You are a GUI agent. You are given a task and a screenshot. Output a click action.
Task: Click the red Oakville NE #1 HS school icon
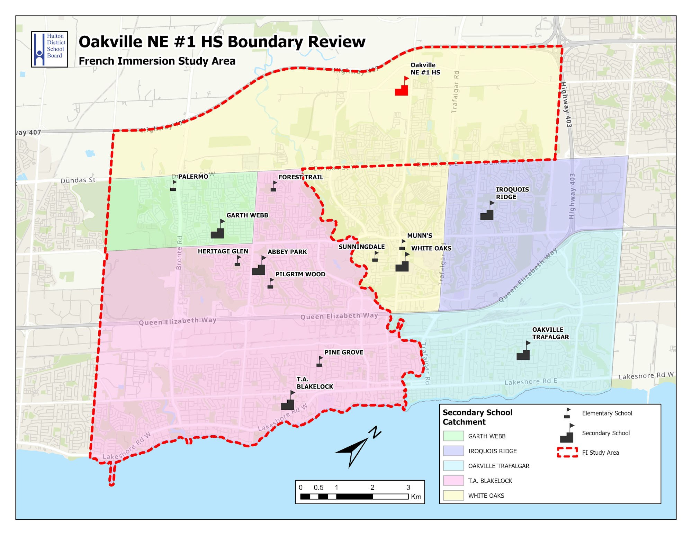[x=402, y=88]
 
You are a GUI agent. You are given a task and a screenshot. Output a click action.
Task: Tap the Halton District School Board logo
[x=49, y=49]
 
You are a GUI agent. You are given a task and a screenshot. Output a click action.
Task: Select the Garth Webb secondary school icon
[x=218, y=231]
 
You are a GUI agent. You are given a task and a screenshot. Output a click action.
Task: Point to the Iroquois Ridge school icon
[x=487, y=213]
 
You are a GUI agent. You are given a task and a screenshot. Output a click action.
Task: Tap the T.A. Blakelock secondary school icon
[x=288, y=402]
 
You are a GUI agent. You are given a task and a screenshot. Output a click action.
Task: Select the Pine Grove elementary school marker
[x=320, y=362]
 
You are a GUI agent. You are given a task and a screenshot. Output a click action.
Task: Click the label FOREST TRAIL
[x=300, y=177]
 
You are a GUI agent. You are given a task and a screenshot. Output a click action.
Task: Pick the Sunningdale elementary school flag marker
[x=375, y=257]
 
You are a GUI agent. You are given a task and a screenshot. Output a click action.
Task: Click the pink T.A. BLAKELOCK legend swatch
[x=453, y=481]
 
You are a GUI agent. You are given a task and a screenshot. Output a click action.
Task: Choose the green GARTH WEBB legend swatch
[x=453, y=436]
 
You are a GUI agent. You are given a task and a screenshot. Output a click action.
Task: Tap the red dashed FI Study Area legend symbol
[x=567, y=452]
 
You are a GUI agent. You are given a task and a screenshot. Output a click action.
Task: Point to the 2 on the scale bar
[x=372, y=487]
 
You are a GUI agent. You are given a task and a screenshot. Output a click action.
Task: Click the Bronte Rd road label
[x=179, y=253]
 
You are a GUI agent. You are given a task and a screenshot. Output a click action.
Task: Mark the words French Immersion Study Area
[x=157, y=61]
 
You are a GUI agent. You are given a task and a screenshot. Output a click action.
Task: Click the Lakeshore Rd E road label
[x=530, y=382]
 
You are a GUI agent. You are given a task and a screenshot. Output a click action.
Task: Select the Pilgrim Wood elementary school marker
[x=271, y=284]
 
